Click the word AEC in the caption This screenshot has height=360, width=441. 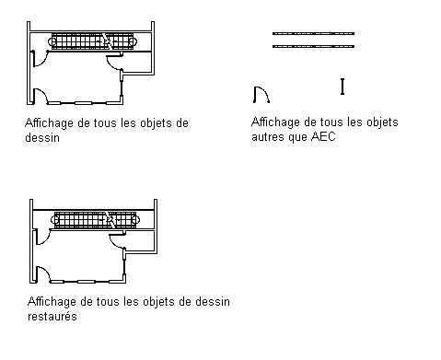323,136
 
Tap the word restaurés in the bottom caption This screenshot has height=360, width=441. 52,316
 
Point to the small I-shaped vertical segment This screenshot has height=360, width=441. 342,87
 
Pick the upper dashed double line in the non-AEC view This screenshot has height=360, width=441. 313,33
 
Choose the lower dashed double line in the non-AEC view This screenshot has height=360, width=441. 313,46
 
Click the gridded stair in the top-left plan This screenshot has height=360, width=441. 92,41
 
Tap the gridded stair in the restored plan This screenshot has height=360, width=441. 95,220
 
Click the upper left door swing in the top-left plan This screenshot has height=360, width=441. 44,63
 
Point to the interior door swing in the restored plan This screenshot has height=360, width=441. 113,243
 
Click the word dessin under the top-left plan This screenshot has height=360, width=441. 42,137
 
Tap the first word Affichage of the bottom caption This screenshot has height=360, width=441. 52,302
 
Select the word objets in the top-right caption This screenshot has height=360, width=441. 382,122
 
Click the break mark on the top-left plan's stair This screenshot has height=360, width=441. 107,41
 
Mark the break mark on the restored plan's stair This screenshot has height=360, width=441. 110,219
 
